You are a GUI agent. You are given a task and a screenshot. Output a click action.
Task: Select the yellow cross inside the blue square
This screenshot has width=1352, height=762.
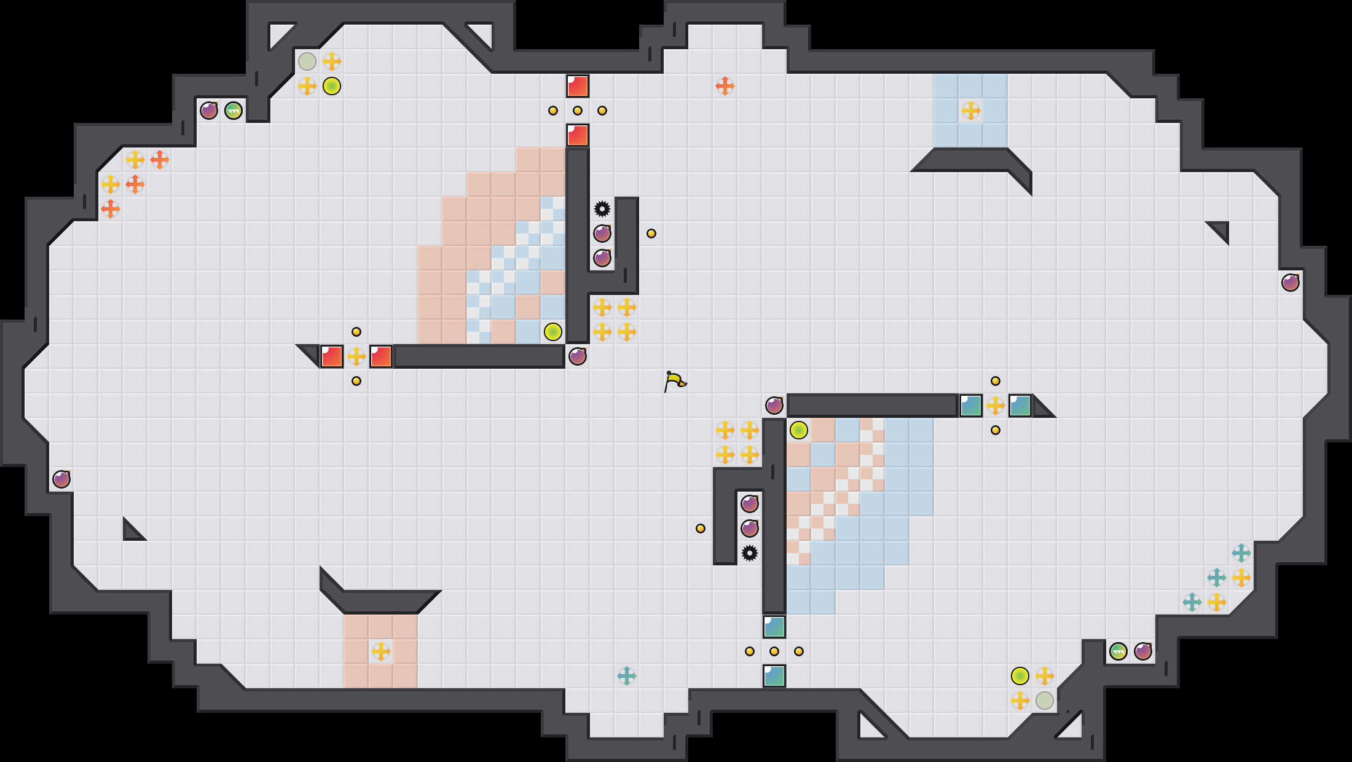click(x=971, y=111)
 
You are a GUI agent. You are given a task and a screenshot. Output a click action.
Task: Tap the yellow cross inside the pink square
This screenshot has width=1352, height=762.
click(x=381, y=651)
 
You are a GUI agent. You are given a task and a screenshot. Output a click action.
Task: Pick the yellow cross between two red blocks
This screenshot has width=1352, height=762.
click(x=356, y=356)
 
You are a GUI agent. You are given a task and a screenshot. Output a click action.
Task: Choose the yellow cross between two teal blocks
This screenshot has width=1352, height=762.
click(x=996, y=406)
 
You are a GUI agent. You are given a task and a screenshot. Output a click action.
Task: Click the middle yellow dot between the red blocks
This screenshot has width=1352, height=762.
click(x=578, y=111)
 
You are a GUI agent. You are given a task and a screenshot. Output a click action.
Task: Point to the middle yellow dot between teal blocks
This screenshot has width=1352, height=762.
click(x=774, y=651)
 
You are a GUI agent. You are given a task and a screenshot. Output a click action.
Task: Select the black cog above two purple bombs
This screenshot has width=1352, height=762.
click(x=602, y=209)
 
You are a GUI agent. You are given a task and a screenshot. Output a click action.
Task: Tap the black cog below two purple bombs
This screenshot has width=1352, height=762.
click(x=750, y=553)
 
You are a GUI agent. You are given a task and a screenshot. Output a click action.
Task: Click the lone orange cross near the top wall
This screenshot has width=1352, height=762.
click(x=725, y=86)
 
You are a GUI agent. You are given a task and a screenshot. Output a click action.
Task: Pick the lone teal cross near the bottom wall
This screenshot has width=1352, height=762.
click(x=627, y=676)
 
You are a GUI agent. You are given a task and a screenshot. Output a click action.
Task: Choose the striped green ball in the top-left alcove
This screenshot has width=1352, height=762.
click(x=234, y=111)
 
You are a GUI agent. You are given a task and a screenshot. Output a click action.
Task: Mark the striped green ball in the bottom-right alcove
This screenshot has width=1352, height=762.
click(x=1118, y=651)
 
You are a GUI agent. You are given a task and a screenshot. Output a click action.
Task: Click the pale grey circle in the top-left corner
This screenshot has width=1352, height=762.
click(x=307, y=61)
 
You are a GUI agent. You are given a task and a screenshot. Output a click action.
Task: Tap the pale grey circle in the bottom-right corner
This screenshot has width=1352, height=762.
click(x=1045, y=701)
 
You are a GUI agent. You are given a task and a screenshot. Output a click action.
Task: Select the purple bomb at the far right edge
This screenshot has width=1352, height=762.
click(x=1291, y=283)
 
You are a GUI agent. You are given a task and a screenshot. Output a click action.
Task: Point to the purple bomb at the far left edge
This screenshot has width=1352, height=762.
click(x=61, y=479)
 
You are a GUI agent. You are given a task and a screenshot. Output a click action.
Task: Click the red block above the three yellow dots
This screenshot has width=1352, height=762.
click(x=578, y=86)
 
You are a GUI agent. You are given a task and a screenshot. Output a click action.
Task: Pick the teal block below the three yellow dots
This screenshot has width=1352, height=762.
click(x=774, y=676)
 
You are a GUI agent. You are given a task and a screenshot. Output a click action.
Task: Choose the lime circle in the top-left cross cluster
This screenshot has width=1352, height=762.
click(x=332, y=86)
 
